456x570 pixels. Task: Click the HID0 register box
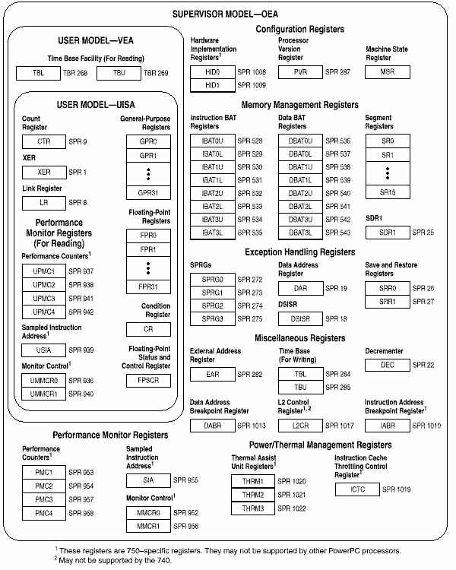tap(212, 72)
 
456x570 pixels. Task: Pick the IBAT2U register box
tap(212, 194)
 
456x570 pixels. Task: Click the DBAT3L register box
tap(300, 232)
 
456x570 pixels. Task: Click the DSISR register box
tap(300, 318)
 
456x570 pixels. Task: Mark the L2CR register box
tap(300, 426)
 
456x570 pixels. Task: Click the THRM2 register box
tap(253, 495)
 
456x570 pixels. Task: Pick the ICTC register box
tap(356, 489)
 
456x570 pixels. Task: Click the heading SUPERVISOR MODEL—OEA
tap(227, 14)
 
